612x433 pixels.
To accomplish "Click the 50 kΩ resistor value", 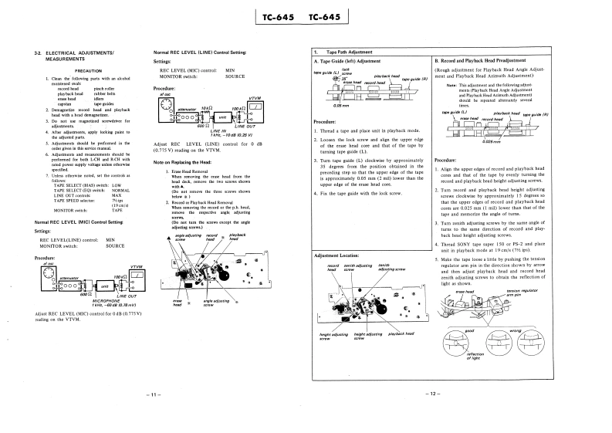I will click(206, 108).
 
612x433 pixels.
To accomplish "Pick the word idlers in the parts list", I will click(99, 99).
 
